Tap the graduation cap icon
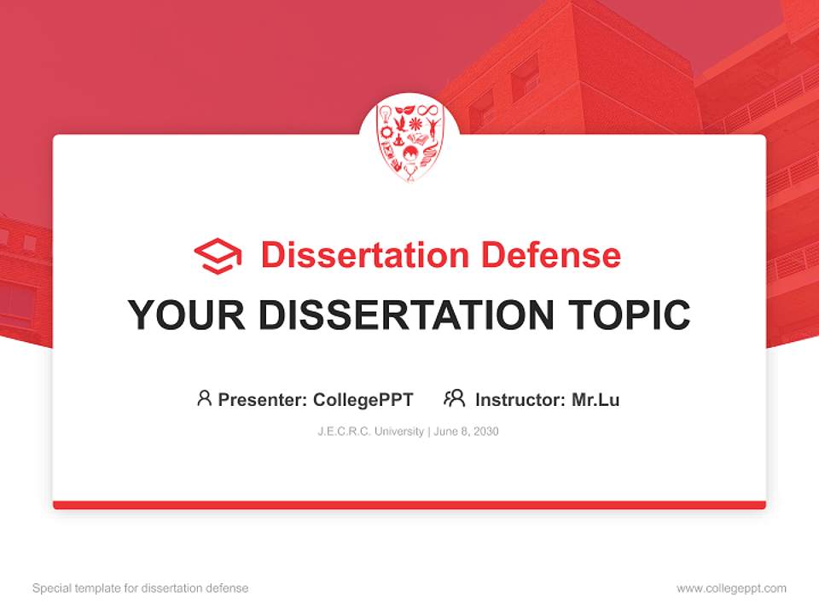[x=218, y=256]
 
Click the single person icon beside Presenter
[x=204, y=398]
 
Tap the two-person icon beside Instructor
[x=455, y=398]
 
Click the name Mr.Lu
[x=595, y=399]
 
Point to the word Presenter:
[x=263, y=399]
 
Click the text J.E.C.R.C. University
[x=370, y=432]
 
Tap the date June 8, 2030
[x=466, y=432]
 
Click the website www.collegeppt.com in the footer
[x=731, y=588]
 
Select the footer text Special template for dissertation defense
[x=140, y=588]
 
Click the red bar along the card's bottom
[x=409, y=505]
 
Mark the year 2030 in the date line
[x=486, y=432]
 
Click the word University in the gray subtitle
[x=398, y=432]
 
